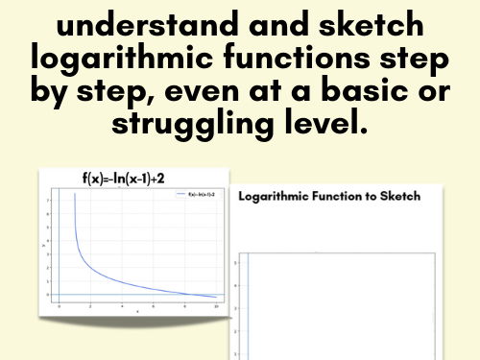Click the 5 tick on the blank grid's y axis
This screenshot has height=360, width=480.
tap(236, 261)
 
